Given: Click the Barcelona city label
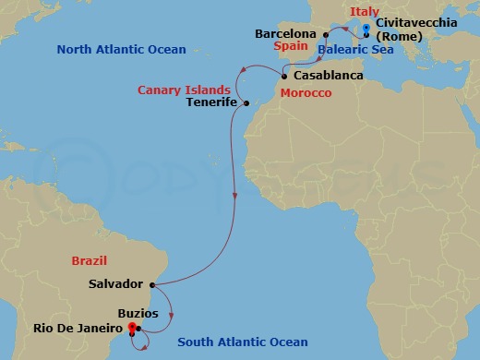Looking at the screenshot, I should (286, 34).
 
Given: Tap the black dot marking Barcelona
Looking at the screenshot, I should (326, 34).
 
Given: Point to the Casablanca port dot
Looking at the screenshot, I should (284, 77).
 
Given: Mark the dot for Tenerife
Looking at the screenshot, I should (247, 103).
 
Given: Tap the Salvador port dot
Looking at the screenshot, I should (152, 284).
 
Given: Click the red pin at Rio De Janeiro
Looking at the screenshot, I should (133, 326).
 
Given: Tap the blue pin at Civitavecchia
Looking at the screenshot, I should (366, 29).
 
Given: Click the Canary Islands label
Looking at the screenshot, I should (184, 90).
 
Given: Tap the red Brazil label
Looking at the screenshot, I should (88, 261).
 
